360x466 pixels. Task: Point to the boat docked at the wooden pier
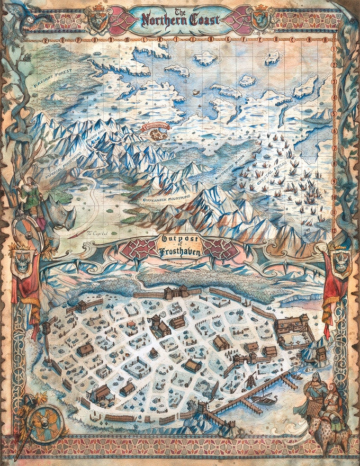(x=263, y=400)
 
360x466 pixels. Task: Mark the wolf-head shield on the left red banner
(x=24, y=263)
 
